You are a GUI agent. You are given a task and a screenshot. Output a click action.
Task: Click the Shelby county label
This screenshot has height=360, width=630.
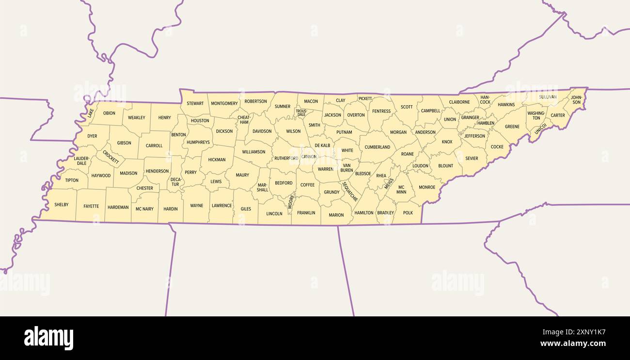62,205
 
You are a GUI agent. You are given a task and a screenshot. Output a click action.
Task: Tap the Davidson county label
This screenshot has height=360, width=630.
262,131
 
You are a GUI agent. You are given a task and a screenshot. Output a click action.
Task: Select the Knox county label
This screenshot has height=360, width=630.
447,142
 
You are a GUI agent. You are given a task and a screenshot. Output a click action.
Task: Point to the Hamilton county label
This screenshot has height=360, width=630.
364,213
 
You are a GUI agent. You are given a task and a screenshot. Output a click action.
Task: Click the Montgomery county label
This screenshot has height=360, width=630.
224,103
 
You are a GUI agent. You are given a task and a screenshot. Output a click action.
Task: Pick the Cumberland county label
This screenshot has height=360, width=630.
378,147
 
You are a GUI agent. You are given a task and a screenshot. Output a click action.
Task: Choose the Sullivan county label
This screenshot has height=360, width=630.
548,97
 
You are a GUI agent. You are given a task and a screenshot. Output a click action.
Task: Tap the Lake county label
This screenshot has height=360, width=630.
91,113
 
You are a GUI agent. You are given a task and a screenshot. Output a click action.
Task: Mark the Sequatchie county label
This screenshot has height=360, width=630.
350,191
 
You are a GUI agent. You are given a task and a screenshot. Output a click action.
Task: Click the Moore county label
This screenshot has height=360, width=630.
291,201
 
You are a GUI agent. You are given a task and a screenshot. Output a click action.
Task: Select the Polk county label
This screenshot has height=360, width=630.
408,213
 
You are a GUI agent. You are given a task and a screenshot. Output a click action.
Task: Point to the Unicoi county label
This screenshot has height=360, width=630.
540,129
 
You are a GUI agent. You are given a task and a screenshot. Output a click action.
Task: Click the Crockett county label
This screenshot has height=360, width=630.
110,157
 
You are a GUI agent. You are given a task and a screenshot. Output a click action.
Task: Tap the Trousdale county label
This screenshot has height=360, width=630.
301,113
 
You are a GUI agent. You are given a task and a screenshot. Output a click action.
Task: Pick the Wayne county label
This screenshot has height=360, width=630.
197,205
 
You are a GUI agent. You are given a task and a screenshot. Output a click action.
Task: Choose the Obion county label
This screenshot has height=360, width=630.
109,113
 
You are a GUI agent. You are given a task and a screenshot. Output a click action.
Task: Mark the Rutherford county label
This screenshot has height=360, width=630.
286,158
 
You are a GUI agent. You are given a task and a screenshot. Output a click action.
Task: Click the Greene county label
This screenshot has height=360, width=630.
512,127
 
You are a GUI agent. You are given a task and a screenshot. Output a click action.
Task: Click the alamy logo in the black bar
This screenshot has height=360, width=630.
48,338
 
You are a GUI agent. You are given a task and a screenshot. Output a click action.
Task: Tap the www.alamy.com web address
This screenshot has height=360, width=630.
573,344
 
